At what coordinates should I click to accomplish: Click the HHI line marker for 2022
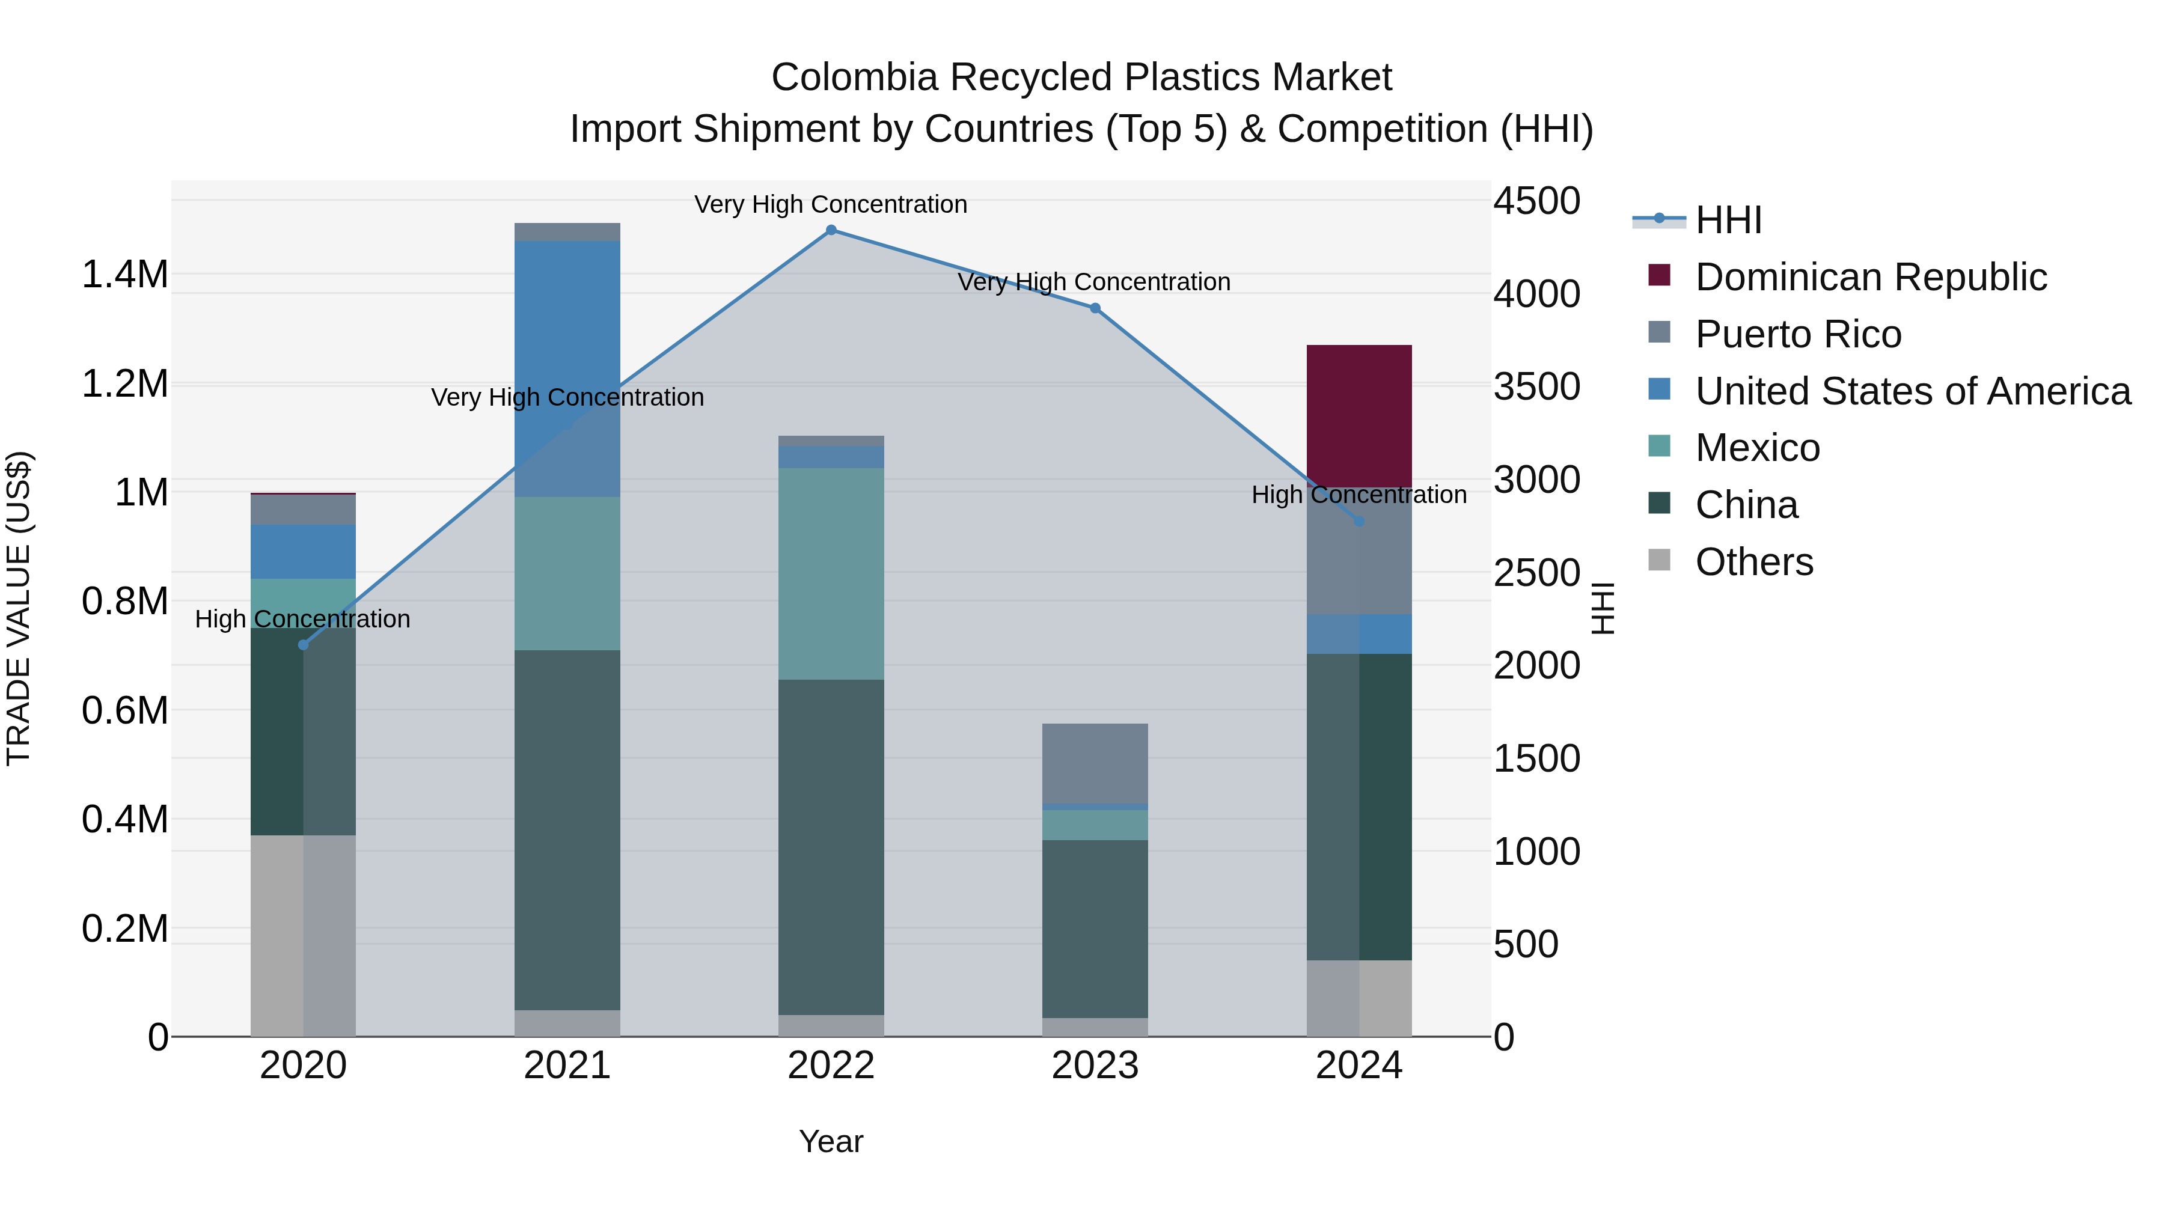[x=831, y=230]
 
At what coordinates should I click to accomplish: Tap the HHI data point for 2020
[x=304, y=645]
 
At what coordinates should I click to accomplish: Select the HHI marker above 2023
[x=1095, y=308]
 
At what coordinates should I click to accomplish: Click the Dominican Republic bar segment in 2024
[x=1359, y=416]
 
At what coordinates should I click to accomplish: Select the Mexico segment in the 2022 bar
[x=831, y=574]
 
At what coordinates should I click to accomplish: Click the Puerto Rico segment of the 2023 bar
[x=1095, y=763]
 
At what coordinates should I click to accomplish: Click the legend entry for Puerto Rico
[x=1798, y=334]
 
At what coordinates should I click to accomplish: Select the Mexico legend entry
[x=1758, y=448]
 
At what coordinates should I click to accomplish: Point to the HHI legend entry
[x=1728, y=220]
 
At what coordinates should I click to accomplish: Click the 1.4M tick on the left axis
[x=124, y=275]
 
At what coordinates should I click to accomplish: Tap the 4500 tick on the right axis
[x=1536, y=201]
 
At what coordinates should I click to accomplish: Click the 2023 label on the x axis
[x=1095, y=1066]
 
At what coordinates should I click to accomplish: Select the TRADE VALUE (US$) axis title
[x=19, y=608]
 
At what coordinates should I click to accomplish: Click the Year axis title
[x=831, y=1141]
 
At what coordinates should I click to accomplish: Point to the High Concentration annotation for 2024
[x=1359, y=495]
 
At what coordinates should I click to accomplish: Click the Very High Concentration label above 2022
[x=830, y=204]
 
